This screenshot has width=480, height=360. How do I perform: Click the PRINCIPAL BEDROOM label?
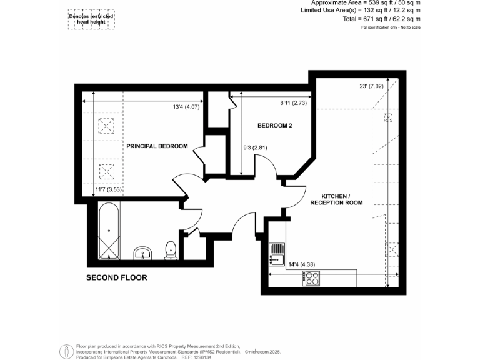157,146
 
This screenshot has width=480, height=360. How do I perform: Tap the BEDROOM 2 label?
275,126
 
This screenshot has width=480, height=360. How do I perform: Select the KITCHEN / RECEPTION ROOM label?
336,199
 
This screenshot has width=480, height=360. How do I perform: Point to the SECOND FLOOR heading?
117,277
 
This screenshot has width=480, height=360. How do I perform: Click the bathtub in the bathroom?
109,232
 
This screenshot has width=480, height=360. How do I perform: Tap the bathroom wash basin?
144,253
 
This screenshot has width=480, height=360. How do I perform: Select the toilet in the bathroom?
170,251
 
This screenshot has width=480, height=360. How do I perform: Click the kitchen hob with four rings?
311,278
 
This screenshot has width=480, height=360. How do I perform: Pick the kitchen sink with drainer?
276,253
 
